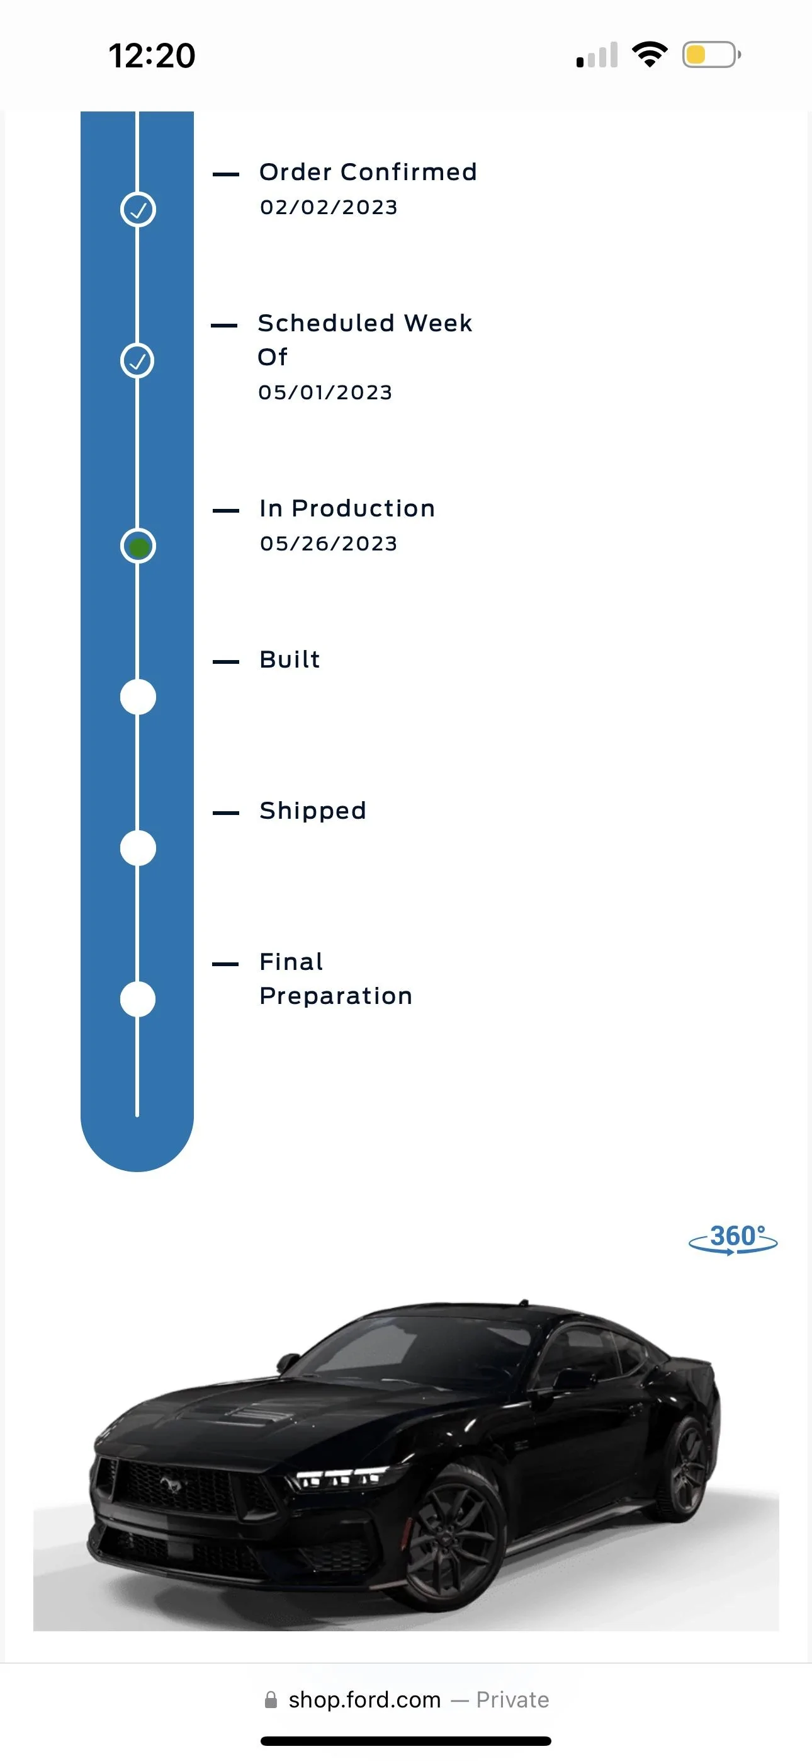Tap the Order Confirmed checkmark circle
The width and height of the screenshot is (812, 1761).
pos(138,209)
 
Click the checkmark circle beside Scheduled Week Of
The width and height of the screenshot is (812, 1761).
pos(138,360)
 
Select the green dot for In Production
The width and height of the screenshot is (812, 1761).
pos(138,546)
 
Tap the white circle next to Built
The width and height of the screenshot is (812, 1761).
pos(138,697)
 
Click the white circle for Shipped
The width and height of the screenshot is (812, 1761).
pos(138,848)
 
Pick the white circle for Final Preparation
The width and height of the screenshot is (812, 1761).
pos(138,1000)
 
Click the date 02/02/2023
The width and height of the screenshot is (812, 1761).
pos(329,207)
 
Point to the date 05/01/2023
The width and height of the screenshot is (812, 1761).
pos(325,392)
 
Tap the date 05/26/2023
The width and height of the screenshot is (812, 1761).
pos(329,544)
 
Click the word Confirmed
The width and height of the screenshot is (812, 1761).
pos(409,171)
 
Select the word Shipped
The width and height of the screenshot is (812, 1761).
pos(313,811)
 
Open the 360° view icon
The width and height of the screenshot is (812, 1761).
pos(733,1239)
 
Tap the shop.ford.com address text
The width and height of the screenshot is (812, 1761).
pos(365,1700)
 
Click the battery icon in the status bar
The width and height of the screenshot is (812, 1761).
pos(711,55)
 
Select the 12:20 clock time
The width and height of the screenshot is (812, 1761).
pos(152,55)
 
